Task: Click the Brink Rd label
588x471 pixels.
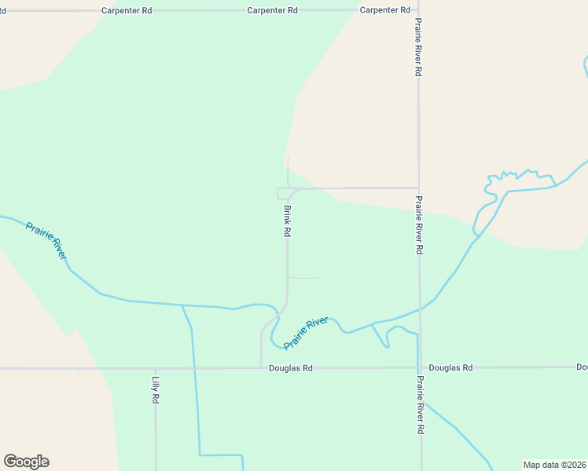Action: [x=288, y=221]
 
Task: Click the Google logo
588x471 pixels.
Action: [x=26, y=462]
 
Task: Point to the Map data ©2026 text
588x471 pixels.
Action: [x=555, y=465]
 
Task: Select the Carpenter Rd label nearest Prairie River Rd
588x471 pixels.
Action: [x=385, y=10]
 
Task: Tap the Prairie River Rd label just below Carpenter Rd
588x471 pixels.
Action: [x=419, y=47]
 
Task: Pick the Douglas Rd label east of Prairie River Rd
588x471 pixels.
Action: [x=450, y=367]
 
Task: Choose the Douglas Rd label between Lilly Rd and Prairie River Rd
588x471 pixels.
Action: [x=291, y=367]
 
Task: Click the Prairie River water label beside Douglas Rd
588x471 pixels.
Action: [x=306, y=334]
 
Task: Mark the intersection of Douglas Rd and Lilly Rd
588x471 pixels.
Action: [x=156, y=367]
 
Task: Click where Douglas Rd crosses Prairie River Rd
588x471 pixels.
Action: [x=420, y=367]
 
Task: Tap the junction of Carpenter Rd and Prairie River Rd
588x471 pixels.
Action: [x=418, y=10]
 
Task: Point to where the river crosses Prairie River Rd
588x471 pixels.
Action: [x=419, y=309]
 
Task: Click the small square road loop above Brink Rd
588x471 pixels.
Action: [x=282, y=193]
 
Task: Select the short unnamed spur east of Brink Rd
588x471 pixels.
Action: [x=305, y=277]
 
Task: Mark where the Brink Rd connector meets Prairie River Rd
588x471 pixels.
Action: [x=418, y=188]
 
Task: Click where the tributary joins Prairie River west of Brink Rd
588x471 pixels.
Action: [x=182, y=305]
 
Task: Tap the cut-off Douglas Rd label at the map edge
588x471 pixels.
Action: [x=582, y=367]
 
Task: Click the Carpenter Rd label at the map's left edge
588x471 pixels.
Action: [x=2, y=10]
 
